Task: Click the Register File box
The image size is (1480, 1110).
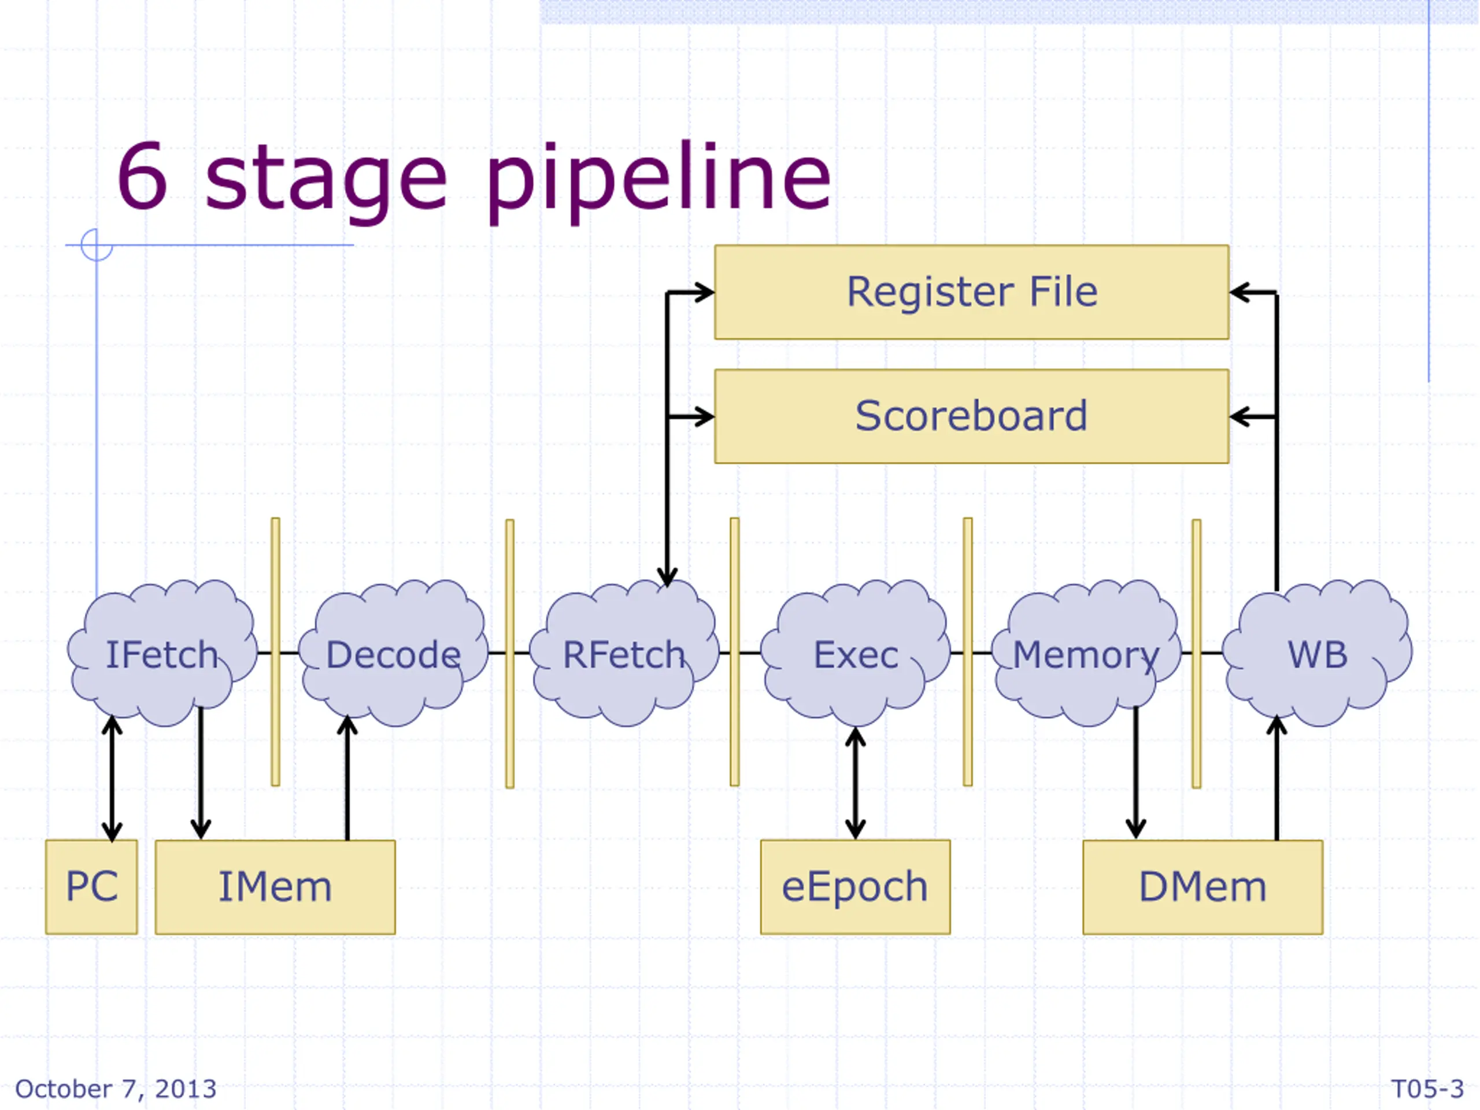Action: (971, 292)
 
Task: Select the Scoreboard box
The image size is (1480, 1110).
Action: (971, 416)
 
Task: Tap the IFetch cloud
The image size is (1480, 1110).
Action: (162, 653)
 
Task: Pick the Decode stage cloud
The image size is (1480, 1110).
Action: (394, 653)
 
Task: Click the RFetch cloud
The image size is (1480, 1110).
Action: (624, 653)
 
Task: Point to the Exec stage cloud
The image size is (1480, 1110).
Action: (855, 653)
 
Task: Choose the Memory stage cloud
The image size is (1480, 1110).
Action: (1086, 653)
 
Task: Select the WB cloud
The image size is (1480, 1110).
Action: (1318, 653)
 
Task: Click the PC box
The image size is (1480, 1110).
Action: (92, 887)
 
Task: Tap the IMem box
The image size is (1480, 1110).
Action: (275, 887)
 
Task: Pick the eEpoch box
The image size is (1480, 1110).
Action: (855, 887)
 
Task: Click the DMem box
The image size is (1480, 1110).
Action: (1203, 887)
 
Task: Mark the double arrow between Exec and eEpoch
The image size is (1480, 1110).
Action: (855, 783)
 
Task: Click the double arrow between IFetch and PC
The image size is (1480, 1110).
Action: (112, 778)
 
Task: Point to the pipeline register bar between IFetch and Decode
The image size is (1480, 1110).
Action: (276, 652)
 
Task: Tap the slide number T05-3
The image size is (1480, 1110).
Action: (1427, 1089)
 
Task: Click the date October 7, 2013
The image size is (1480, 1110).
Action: (116, 1089)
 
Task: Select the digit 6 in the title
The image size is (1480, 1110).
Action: (142, 175)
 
